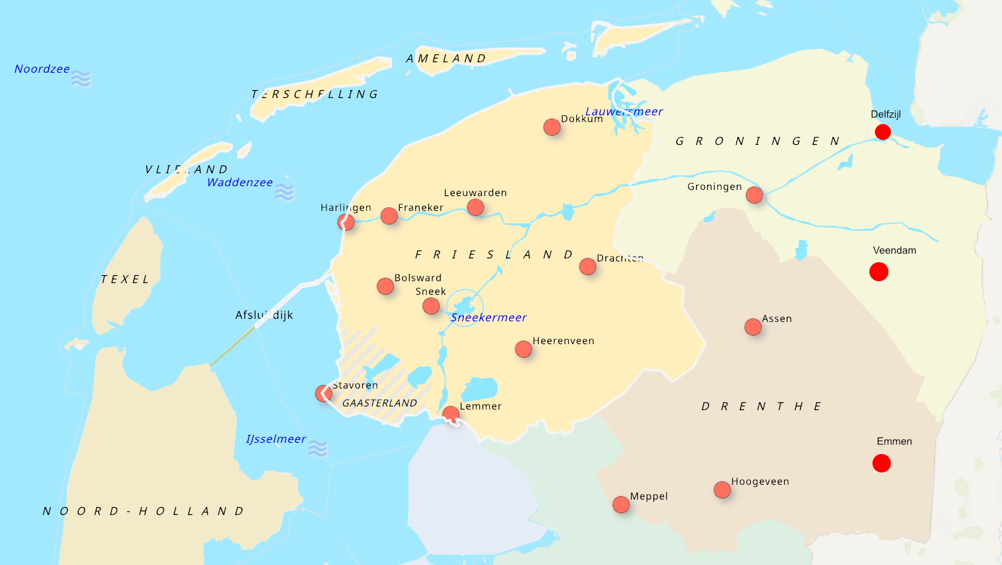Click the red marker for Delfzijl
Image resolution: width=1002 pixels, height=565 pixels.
883,132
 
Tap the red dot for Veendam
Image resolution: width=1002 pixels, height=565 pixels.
879,271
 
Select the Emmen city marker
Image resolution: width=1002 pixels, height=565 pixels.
882,463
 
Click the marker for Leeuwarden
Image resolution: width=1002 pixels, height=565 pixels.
475,207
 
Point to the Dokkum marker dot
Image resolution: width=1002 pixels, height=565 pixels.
552,127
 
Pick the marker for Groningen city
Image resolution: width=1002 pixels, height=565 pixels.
754,195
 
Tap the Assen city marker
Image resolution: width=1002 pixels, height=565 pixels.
753,327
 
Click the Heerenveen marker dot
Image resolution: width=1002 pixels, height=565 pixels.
523,349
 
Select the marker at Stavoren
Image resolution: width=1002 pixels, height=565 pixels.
323,394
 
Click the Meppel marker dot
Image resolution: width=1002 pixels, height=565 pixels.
621,505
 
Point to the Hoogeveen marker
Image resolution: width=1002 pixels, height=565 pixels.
722,490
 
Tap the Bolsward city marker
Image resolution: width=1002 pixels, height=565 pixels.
385,286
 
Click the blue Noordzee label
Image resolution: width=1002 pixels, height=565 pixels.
42,69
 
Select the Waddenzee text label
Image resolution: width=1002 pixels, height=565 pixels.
239,183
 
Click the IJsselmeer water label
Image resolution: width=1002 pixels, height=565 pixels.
276,439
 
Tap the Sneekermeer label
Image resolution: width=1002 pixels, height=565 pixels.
489,318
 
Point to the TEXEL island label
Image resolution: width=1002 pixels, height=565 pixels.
125,279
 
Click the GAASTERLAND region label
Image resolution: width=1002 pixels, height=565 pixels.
379,403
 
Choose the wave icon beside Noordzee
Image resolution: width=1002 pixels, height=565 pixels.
81,79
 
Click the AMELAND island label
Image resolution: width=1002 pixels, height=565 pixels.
446,59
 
